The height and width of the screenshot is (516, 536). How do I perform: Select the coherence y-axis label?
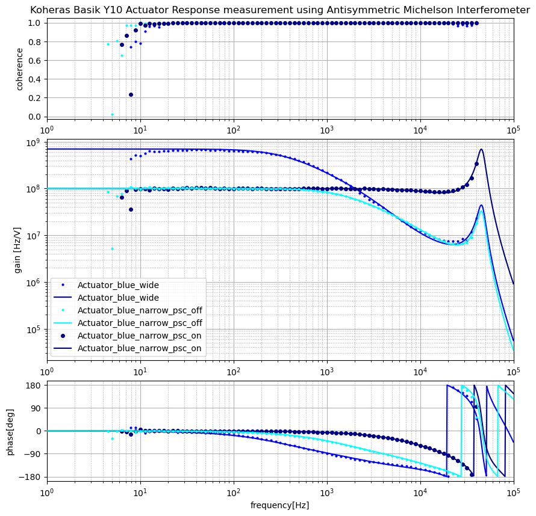pos(20,70)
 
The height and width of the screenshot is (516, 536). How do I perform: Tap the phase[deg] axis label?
pos(10,431)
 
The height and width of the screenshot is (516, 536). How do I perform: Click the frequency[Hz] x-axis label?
pos(279,505)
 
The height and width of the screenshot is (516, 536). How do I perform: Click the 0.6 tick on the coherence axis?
pos(35,61)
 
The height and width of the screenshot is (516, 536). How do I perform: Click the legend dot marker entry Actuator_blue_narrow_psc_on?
pos(63,336)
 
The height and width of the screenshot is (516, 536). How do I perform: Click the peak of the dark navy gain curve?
pos(481,149)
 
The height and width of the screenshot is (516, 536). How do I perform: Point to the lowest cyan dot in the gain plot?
pos(112,248)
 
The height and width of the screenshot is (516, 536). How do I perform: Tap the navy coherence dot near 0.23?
pos(131,94)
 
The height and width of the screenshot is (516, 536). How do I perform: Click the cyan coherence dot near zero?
pos(112,114)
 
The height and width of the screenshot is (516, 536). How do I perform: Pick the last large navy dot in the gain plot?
pos(476,164)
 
